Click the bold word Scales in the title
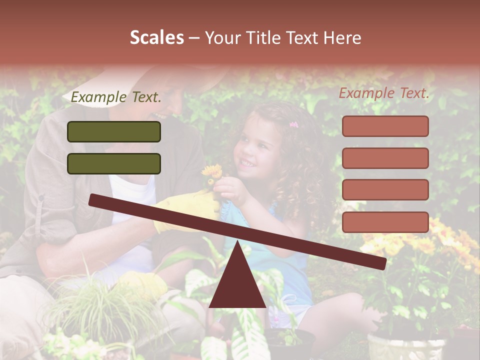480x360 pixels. click(156, 37)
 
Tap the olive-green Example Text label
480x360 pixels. click(116, 97)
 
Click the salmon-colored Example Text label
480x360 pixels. click(384, 93)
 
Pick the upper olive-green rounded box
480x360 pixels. click(114, 131)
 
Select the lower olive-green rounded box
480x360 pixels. click(114, 163)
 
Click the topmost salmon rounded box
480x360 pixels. click(385, 126)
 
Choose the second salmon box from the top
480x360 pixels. click(385, 158)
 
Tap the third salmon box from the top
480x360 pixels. click(385, 189)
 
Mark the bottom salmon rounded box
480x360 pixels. click(385, 222)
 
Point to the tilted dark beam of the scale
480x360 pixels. click(237, 230)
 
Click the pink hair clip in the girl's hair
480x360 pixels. click(293, 124)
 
